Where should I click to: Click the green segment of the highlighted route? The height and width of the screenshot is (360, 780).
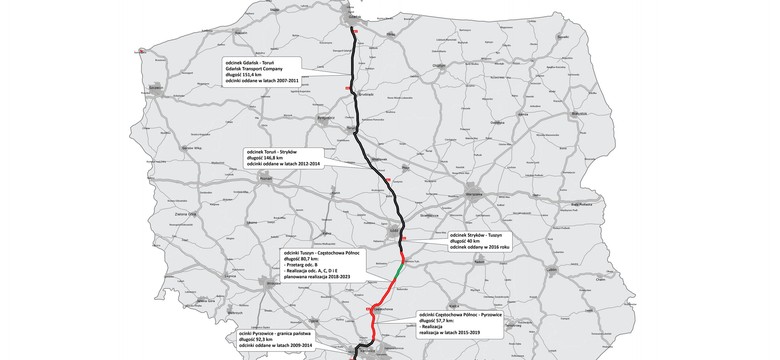(x=398, y=270)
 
